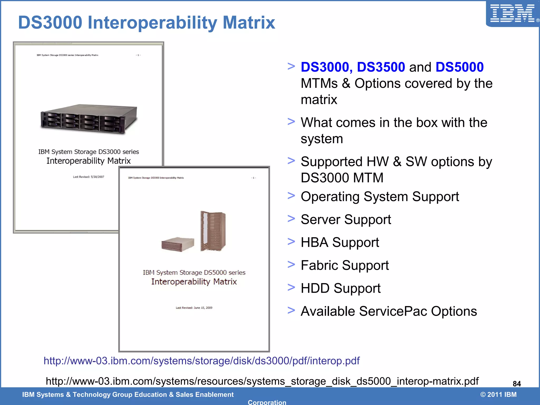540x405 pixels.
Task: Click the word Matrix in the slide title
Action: (249, 23)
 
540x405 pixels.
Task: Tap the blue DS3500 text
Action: (381, 67)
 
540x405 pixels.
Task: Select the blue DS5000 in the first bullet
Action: (460, 67)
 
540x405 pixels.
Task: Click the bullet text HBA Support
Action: (340, 242)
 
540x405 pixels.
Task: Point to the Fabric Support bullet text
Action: (345, 265)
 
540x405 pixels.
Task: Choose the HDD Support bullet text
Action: (340, 288)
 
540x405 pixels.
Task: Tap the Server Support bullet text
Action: (346, 219)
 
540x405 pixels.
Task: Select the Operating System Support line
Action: (380, 197)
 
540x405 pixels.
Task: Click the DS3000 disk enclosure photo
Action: (89, 119)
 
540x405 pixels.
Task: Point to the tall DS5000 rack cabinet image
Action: (213, 231)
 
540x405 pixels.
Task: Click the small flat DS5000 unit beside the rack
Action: (178, 244)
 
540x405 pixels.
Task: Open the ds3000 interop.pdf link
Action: (201, 361)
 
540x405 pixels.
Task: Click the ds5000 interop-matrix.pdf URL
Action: (262, 381)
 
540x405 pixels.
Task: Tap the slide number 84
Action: (517, 384)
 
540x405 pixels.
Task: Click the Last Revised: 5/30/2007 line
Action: (89, 177)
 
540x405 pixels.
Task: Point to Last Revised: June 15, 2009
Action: (194, 308)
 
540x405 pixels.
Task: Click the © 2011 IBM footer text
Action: (498, 394)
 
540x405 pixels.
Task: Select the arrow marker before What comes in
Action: (291, 122)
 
